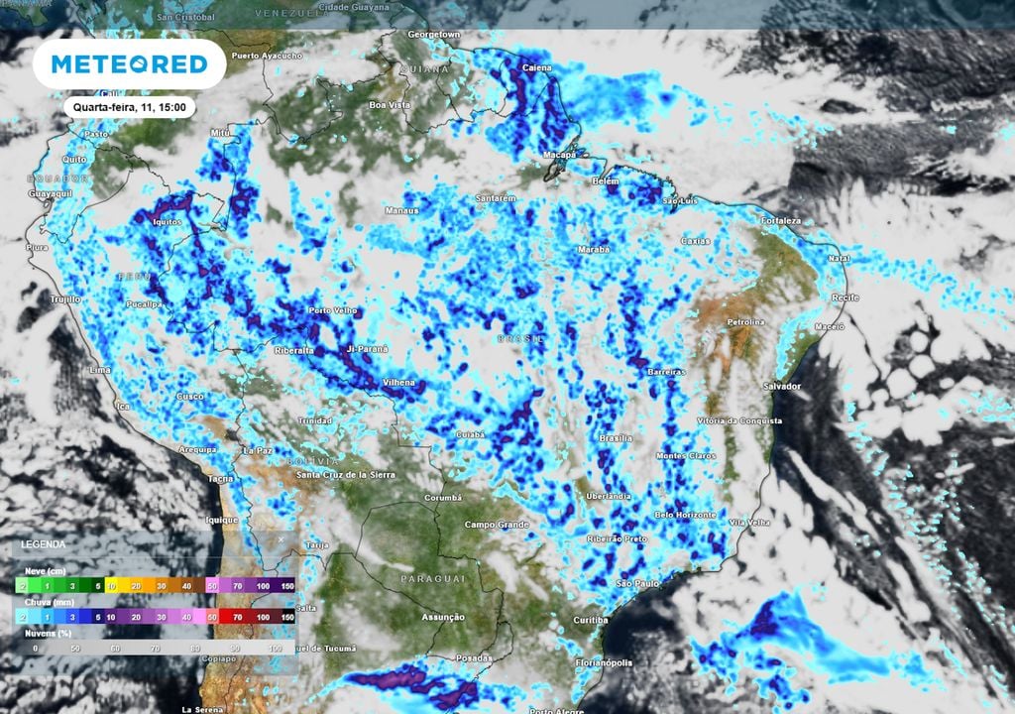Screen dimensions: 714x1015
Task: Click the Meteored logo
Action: pyautogui.click(x=129, y=64)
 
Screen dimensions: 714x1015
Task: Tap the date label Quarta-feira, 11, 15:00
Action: pyautogui.click(x=129, y=107)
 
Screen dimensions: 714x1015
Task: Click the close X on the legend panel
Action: pyautogui.click(x=281, y=539)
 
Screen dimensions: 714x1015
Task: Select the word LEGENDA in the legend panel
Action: pyautogui.click(x=44, y=544)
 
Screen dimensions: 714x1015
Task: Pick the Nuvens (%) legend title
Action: pyautogui.click(x=47, y=633)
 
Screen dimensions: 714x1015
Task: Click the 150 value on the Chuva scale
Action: pyautogui.click(x=286, y=617)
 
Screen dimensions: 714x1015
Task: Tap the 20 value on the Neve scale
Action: pyautogui.click(x=137, y=586)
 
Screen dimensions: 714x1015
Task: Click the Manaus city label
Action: pyautogui.click(x=402, y=210)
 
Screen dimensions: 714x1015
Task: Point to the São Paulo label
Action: pyautogui.click(x=637, y=584)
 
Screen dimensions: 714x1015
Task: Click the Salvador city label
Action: pyautogui.click(x=781, y=386)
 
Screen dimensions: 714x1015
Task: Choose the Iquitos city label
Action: pyautogui.click(x=166, y=222)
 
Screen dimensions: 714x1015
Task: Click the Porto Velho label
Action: pyautogui.click(x=333, y=310)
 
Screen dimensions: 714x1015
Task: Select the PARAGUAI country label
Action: pyautogui.click(x=433, y=578)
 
